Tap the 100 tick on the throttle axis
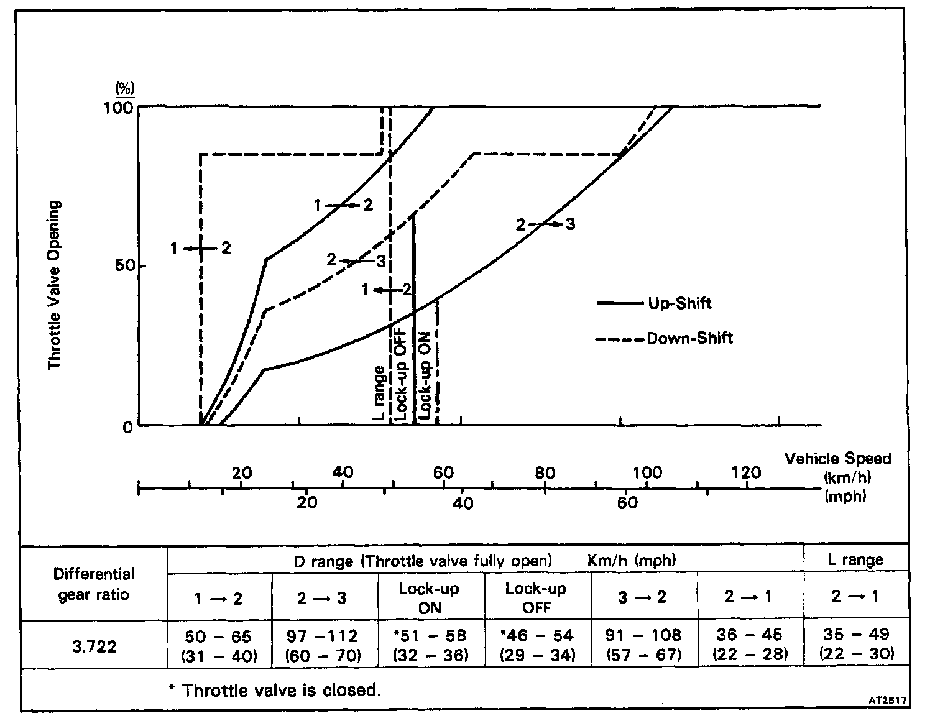pos(123,108)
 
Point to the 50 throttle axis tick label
pos(126,267)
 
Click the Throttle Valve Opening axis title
pos(56,285)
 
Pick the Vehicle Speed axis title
pos(837,459)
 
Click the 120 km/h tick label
pos(746,472)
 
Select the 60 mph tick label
pos(627,502)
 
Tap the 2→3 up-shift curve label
pos(545,224)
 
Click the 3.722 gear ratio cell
pos(94,646)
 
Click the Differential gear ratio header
pos(94,584)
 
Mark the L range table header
pos(855,560)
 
